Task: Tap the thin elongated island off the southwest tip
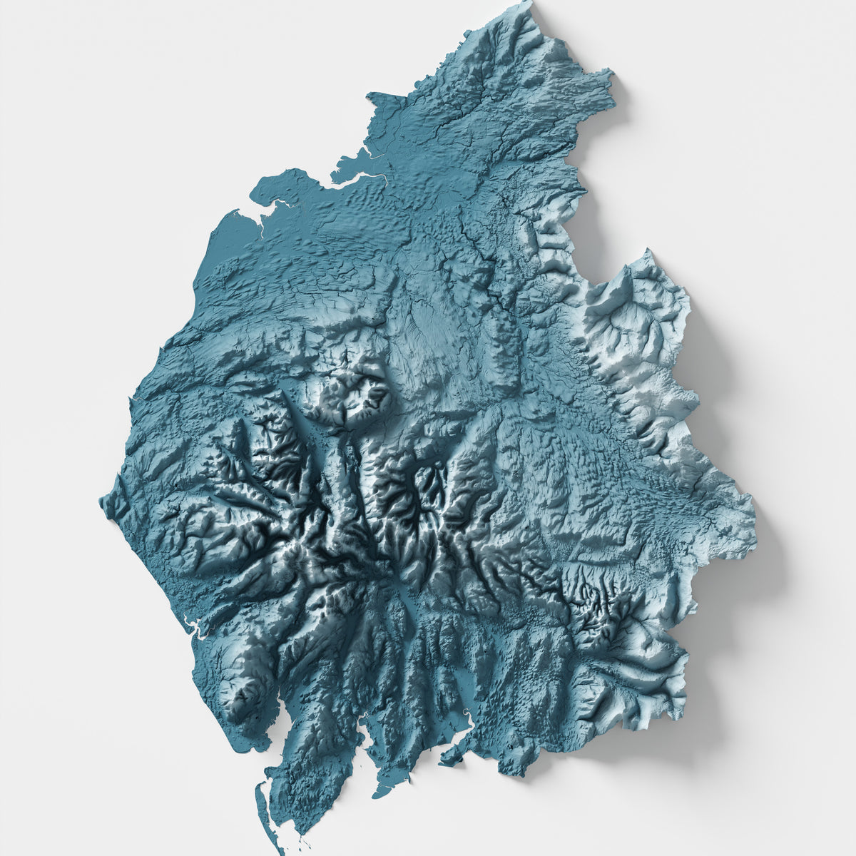(260, 792)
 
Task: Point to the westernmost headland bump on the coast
(102, 499)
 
